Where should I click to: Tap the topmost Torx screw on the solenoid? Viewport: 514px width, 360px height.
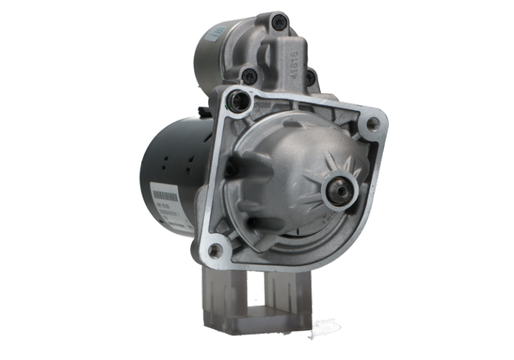[x=276, y=25]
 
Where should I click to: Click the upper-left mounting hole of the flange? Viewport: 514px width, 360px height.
[x=240, y=102]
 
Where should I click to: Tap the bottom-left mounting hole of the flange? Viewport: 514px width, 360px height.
[x=214, y=251]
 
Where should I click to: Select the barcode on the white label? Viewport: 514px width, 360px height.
[x=163, y=196]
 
